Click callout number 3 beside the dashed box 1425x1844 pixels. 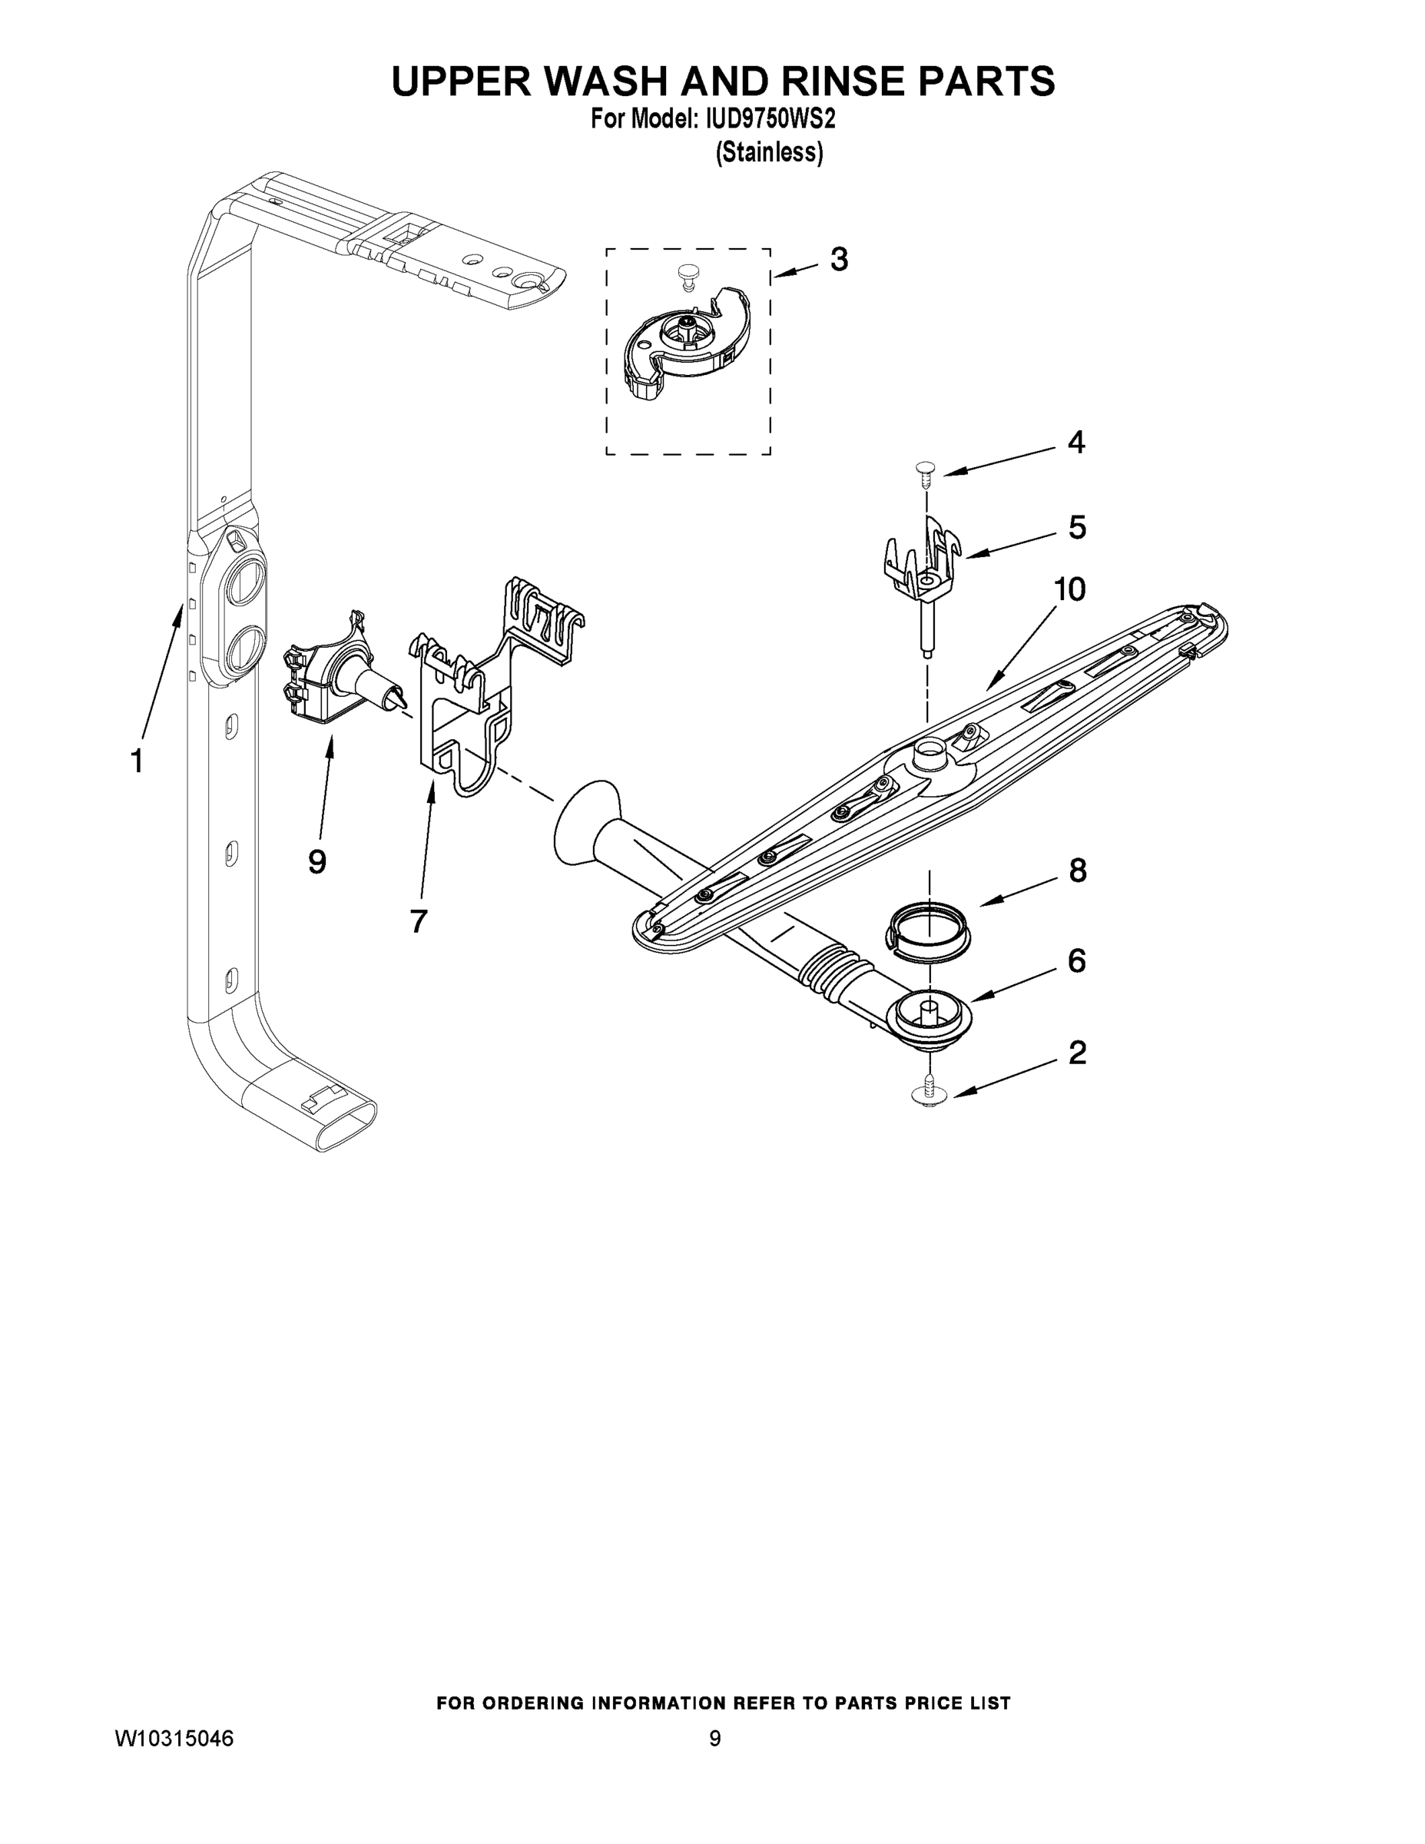(x=838, y=259)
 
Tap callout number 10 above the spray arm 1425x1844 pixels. (x=1069, y=589)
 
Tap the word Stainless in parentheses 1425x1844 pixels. (x=768, y=153)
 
